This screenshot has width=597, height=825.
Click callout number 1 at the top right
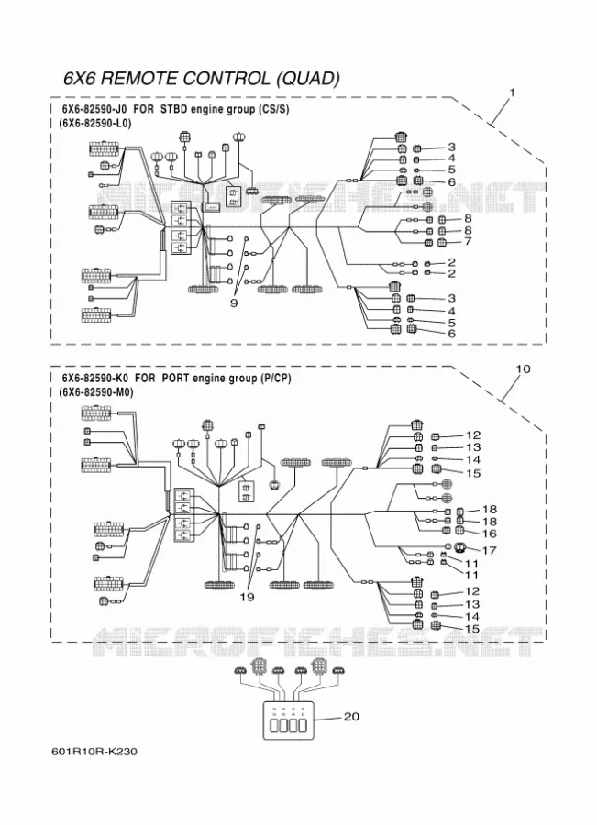pyautogui.click(x=512, y=93)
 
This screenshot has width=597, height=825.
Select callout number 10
pyautogui.click(x=523, y=368)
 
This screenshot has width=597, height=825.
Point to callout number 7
pyautogui.click(x=468, y=241)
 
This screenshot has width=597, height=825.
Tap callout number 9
pyautogui.click(x=234, y=303)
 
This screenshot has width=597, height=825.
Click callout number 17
pyautogui.click(x=490, y=550)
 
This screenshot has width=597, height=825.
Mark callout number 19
pyautogui.click(x=247, y=597)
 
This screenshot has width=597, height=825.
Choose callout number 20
pyautogui.click(x=351, y=717)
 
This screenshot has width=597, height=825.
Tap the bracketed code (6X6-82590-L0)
pyautogui.click(x=94, y=123)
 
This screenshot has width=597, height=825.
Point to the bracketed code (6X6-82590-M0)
pyautogui.click(x=95, y=392)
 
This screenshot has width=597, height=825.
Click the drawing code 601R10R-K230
pyautogui.click(x=94, y=752)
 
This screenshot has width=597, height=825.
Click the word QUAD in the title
pyautogui.click(x=308, y=79)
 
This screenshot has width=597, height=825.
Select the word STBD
pyautogui.click(x=173, y=110)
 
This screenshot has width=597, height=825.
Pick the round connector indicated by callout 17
pyautogui.click(x=459, y=547)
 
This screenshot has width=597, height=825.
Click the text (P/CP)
pyautogui.click(x=275, y=379)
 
